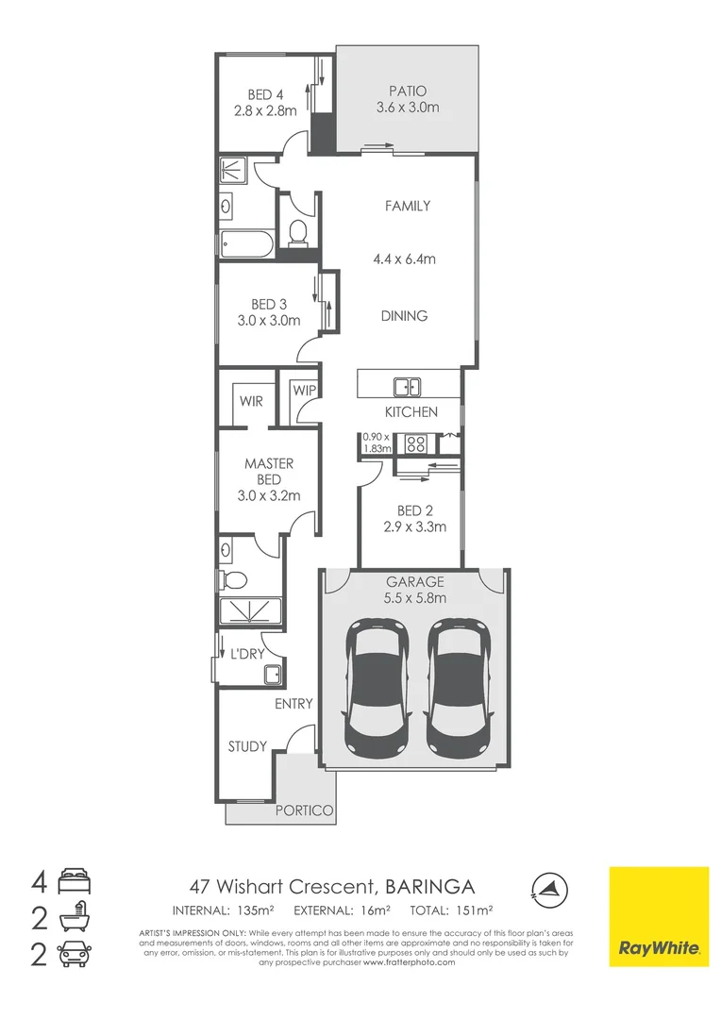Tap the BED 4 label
tap(265, 94)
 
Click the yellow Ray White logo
tap(658, 916)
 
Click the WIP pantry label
tap(304, 391)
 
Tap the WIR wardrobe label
tap(251, 401)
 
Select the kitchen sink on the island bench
tap(408, 386)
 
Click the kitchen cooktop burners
tap(414, 442)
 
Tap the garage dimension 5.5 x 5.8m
tap(414, 597)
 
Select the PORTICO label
tap(300, 810)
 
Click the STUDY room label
tap(247, 746)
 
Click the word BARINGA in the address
tap(430, 886)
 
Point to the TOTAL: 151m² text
tap(452, 910)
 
